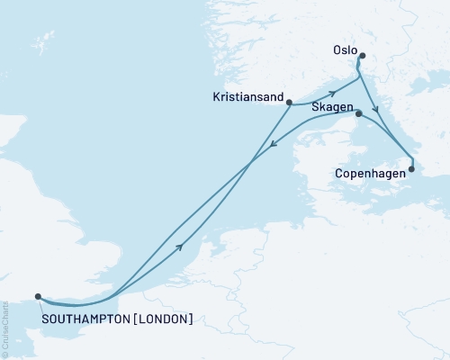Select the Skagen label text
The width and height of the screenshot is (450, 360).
click(x=330, y=106)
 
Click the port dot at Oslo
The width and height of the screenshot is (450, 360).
click(x=362, y=57)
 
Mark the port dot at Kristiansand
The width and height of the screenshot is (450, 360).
click(x=289, y=103)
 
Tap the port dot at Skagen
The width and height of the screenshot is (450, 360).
click(x=358, y=113)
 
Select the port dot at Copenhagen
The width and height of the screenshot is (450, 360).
click(x=412, y=168)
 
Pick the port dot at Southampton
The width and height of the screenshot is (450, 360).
click(x=38, y=296)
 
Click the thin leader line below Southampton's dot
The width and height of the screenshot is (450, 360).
click(x=40, y=303)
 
